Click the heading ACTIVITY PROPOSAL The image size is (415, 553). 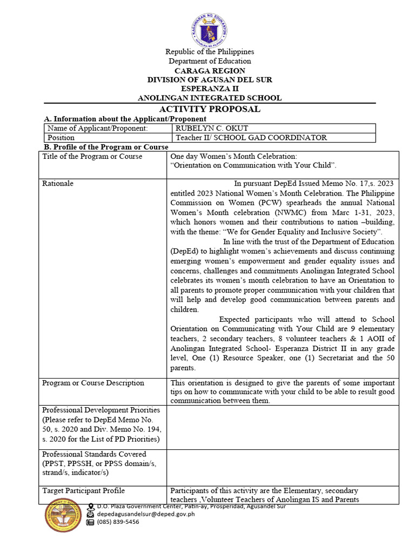tap(210, 109)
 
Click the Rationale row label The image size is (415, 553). tap(58, 184)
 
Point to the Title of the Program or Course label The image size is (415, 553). tap(92, 157)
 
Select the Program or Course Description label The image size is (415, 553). tap(93, 383)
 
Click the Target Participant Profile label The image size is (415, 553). tap(84, 490)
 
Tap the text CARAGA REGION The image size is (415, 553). tap(210, 71)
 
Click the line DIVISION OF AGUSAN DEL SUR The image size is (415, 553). tap(210, 80)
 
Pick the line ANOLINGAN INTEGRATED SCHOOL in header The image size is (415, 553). tap(210, 98)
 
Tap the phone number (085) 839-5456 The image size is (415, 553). tap(118, 522)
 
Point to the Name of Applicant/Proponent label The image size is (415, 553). tap(97, 129)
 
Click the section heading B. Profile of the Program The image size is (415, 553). tap(105, 147)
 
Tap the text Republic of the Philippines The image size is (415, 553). tap(210, 52)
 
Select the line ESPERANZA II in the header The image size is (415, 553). tap(210, 89)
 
